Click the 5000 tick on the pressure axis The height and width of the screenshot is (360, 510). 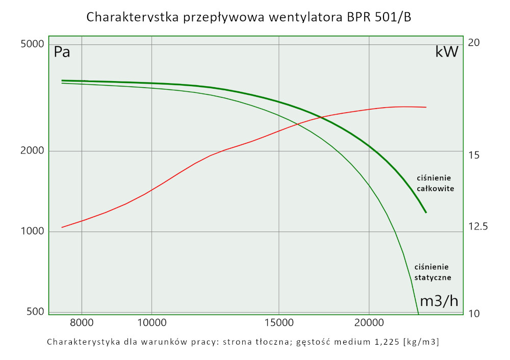point(32,44)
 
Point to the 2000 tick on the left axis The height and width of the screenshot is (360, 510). point(32,151)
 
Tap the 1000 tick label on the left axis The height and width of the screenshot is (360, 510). point(32,232)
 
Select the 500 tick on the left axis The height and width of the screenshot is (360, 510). point(35,312)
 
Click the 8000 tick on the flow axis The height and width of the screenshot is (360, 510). point(82,322)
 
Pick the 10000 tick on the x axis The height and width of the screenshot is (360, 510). point(152,322)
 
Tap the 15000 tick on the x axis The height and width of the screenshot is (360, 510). point(278,322)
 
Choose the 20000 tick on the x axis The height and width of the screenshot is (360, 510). point(369,322)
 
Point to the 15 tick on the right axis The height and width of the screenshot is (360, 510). point(474,155)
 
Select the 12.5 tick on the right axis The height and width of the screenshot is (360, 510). point(478,226)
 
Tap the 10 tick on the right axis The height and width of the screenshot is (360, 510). point(474,313)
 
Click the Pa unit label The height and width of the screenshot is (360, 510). point(62,52)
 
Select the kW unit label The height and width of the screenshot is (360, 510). point(447,52)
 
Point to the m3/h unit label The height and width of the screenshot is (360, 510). point(439,301)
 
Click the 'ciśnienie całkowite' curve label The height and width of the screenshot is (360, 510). point(435,183)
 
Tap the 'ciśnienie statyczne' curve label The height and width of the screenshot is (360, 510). point(432,272)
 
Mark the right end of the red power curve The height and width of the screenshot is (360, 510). point(426,107)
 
